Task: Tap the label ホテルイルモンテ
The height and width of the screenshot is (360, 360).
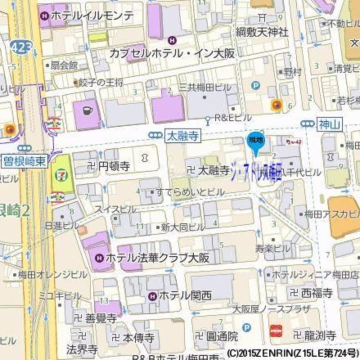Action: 93,16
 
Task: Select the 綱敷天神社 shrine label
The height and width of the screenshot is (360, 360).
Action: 261,31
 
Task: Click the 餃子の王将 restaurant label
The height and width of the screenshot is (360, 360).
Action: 101,82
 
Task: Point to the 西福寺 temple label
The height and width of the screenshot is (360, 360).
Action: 316,293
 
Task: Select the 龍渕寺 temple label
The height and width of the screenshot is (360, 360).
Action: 320,335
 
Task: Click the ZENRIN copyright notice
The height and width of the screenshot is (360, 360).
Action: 293,353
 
